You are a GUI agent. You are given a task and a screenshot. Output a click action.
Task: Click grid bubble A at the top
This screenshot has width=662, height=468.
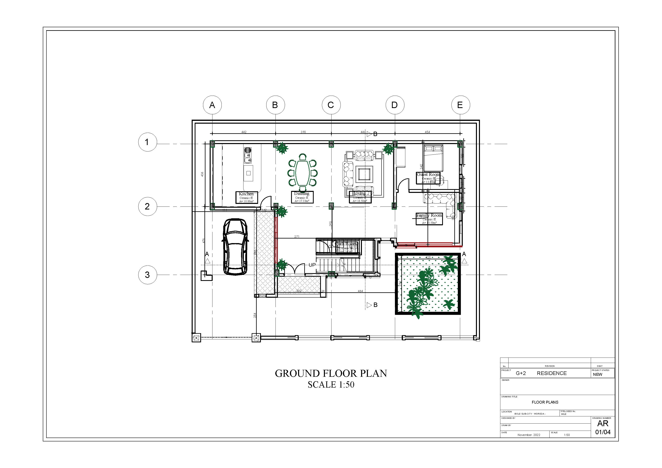(212, 105)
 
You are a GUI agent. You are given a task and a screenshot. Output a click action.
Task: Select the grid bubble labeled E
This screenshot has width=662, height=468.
(461, 105)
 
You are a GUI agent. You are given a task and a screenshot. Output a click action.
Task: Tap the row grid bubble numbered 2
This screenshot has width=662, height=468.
(147, 206)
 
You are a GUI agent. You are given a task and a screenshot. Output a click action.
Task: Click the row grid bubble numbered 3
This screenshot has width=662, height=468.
(147, 275)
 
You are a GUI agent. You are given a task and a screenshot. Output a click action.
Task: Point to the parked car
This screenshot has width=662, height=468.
(235, 247)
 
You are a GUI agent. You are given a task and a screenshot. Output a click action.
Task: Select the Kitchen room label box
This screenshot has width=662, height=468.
(246, 197)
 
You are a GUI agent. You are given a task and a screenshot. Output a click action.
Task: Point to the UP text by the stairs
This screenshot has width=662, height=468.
(312, 265)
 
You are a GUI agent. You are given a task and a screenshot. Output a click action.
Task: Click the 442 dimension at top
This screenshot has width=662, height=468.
(244, 132)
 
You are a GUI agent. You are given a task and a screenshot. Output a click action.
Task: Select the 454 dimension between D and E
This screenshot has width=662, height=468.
(427, 132)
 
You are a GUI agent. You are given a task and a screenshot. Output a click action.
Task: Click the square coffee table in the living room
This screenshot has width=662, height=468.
(365, 174)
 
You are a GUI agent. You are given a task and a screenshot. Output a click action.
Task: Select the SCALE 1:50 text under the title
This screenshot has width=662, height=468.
(331, 385)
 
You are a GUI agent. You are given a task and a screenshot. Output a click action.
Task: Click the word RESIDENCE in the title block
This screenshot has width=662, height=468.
(552, 373)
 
